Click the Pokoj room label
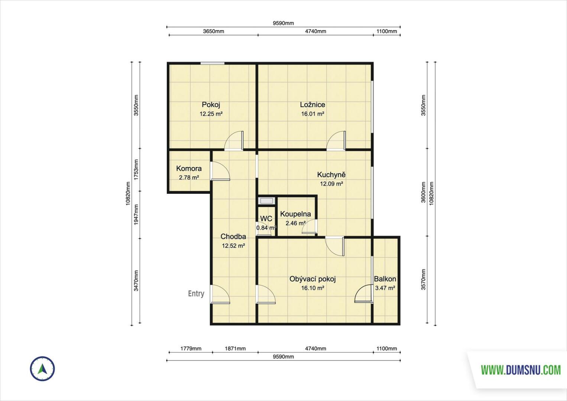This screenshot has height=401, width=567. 211,104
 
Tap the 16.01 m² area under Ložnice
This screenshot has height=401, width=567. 312,114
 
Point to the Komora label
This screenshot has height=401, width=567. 189,169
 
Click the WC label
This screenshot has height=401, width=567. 266,219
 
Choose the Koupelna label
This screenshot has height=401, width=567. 295,214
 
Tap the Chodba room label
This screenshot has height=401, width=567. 233,237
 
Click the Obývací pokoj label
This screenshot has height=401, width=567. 312,279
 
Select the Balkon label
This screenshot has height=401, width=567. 385,279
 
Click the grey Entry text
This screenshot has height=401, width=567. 196,294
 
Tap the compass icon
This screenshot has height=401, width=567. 42,369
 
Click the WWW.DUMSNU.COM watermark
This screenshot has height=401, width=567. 521,370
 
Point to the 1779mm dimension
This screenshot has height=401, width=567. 191,349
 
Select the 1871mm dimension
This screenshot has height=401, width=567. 235,349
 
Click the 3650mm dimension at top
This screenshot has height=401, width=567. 213,31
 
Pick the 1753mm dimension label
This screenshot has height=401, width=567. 136,170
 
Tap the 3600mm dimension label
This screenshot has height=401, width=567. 423,192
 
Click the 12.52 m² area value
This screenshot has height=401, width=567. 233,246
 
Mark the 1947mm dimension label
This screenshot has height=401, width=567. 136,215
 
